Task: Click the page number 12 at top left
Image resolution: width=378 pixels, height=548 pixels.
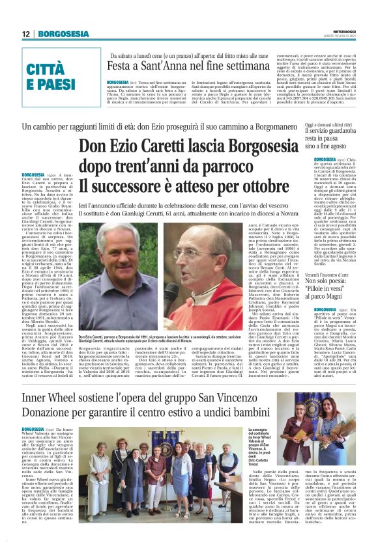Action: click(27, 34)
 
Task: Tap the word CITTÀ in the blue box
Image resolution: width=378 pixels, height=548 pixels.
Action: click(54, 70)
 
